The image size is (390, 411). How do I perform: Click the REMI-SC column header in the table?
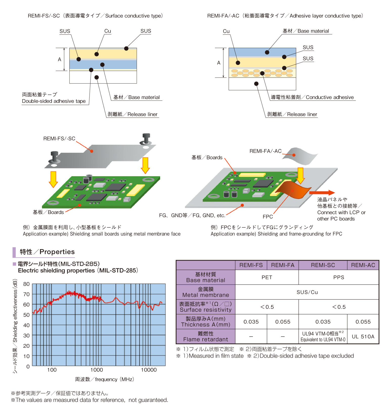click(323, 265)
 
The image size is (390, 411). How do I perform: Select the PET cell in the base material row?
click(267, 277)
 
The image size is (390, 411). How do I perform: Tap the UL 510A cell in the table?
click(363, 337)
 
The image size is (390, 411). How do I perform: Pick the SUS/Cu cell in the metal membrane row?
click(307, 292)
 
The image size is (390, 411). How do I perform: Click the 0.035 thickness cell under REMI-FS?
click(251, 322)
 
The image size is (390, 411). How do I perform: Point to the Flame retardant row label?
click(206, 337)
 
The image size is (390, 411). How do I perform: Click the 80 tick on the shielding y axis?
click(26, 284)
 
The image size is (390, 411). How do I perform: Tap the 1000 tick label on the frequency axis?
click(97, 370)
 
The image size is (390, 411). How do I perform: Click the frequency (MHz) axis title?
click(104, 379)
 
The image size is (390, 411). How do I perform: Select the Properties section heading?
click(47, 252)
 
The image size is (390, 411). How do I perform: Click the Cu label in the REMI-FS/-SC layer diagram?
click(108, 31)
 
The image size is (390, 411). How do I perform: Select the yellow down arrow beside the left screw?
click(53, 179)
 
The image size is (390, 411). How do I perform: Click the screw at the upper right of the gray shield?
click(146, 139)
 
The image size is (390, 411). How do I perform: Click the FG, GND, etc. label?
click(192, 215)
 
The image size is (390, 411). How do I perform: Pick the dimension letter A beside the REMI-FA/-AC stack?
click(219, 63)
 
